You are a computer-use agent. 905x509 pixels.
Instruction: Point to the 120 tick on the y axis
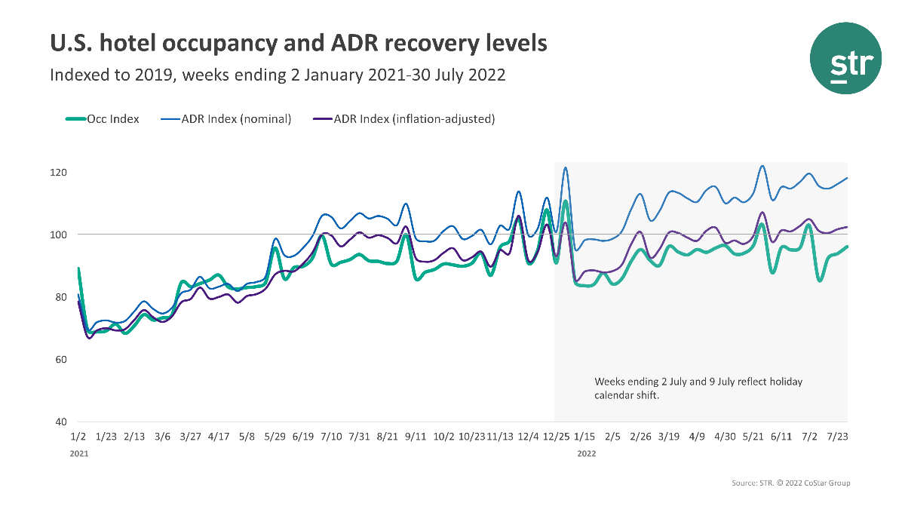coord(60,173)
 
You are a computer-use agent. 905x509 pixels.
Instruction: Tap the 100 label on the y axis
coord(60,235)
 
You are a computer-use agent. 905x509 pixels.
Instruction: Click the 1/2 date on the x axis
coord(77,437)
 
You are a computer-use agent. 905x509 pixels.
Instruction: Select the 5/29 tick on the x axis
coord(275,437)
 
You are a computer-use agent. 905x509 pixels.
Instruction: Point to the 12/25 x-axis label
coord(556,437)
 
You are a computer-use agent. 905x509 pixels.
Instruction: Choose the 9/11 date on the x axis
coord(416,437)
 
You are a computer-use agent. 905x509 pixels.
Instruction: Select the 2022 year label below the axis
coord(587,455)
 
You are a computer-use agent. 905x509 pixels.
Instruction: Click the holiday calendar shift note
coord(698,388)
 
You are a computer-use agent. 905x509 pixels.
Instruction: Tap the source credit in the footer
coord(790,483)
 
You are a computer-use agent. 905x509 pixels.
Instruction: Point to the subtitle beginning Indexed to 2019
coord(277,75)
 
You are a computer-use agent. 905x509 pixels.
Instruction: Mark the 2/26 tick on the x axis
coord(640,437)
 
